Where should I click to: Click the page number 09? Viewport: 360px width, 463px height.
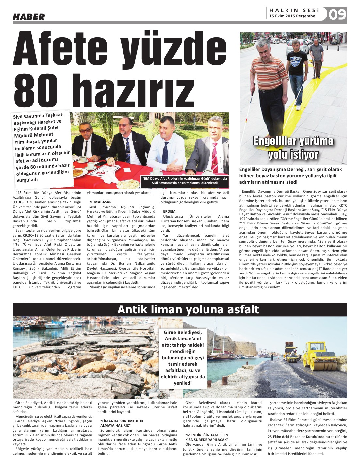click(337, 14)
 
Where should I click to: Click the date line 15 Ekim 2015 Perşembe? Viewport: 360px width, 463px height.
click(292, 16)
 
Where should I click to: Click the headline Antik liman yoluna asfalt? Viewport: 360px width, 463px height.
click(188, 309)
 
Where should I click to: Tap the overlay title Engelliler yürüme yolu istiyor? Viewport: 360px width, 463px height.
click(293, 148)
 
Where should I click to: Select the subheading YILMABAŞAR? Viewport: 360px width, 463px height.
click(100, 202)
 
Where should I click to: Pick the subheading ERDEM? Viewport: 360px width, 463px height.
click(169, 211)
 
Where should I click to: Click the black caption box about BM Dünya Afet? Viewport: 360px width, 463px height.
click(185, 181)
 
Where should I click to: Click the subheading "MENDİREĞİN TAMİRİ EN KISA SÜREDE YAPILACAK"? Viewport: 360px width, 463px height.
click(207, 437)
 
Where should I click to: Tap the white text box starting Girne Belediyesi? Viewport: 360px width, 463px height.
click(183, 357)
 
